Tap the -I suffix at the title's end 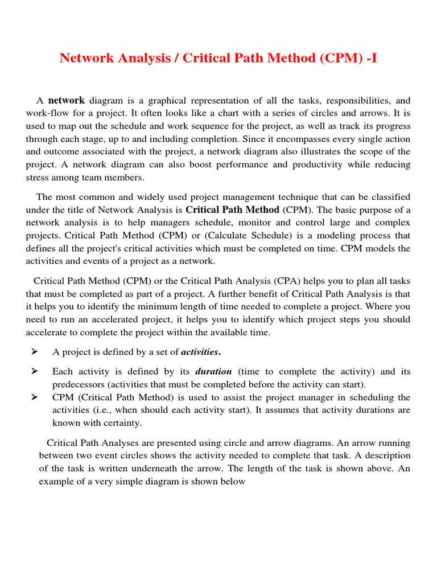(x=370, y=58)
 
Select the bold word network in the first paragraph (x=67, y=100)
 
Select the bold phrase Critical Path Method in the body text (x=233, y=210)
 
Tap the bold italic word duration (x=213, y=372)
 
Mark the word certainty (x=122, y=423)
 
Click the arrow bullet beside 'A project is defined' (x=34, y=352)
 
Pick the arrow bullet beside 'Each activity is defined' (x=34, y=371)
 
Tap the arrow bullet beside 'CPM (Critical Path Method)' (x=34, y=397)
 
